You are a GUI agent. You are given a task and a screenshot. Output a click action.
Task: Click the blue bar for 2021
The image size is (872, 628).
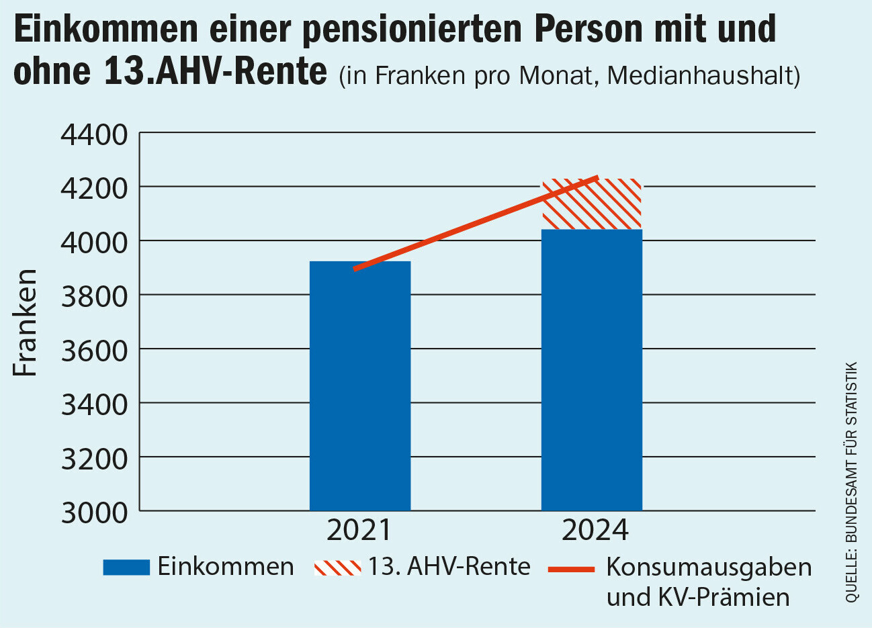[359, 386]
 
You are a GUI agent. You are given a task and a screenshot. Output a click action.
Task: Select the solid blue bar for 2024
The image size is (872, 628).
[591, 369]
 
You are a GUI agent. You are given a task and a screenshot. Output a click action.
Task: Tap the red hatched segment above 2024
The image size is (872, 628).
[591, 204]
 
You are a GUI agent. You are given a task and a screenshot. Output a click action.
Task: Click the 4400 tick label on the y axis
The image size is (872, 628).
[94, 134]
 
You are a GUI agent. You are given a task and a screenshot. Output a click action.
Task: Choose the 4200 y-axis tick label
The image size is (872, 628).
[94, 188]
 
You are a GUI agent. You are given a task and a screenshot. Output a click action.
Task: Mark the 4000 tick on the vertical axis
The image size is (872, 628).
[94, 242]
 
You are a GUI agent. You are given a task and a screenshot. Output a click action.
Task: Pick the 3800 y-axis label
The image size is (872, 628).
[94, 296]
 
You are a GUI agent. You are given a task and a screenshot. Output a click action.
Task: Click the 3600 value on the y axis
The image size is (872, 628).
[94, 350]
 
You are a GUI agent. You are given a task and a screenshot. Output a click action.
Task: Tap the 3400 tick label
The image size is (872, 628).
[94, 404]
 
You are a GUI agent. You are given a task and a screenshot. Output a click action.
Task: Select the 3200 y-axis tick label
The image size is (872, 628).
[94, 459]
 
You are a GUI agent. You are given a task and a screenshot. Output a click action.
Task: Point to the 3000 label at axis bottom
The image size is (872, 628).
[94, 512]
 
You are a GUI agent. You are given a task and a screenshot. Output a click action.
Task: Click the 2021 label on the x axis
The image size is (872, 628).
[359, 530]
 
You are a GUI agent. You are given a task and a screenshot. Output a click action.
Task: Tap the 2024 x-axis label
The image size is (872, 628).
[595, 530]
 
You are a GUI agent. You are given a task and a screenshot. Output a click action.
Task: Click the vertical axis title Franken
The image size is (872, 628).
[26, 322]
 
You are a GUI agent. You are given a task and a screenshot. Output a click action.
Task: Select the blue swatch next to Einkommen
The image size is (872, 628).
[126, 568]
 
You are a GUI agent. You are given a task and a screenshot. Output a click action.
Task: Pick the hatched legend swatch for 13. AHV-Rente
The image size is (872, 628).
[337, 568]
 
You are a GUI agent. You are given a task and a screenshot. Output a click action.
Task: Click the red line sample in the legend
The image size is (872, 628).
[572, 569]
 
